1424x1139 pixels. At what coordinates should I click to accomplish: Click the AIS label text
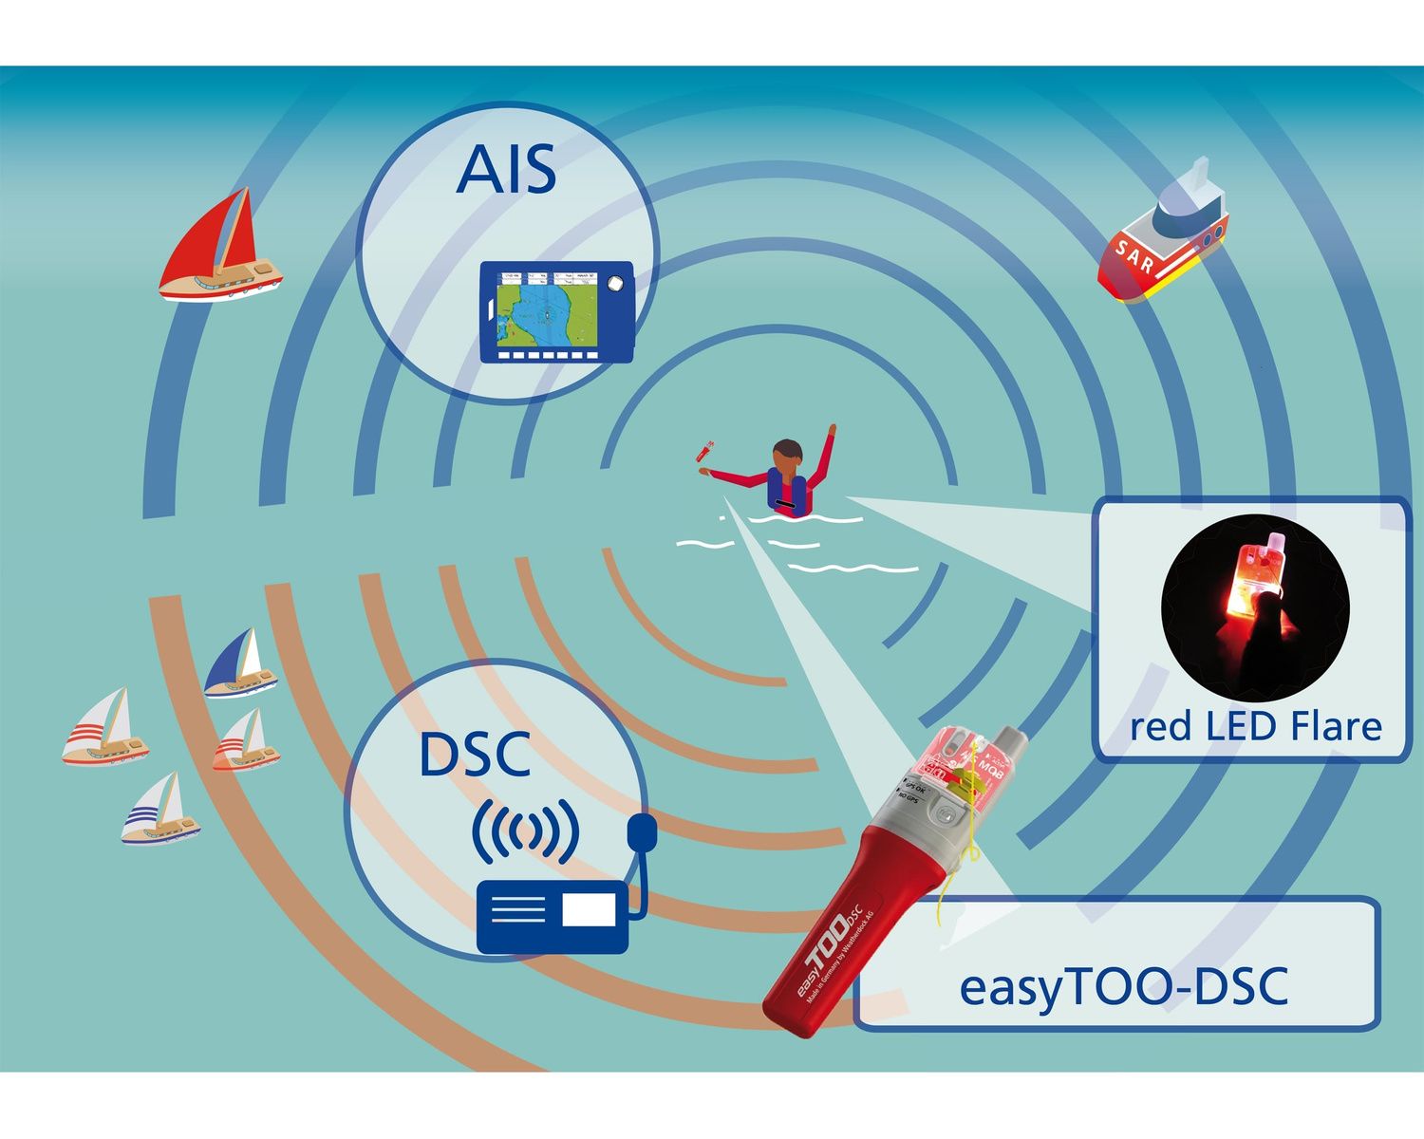506,171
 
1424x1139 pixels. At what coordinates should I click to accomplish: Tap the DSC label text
474,755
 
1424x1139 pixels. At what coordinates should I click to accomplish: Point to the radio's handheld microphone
643,833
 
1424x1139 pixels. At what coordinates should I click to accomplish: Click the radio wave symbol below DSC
525,831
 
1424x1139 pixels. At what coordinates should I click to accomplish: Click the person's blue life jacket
787,494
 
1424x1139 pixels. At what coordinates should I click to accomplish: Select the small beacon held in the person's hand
706,450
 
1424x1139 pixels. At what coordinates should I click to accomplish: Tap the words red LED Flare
1255,727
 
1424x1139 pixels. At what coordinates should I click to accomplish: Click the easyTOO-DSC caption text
1124,986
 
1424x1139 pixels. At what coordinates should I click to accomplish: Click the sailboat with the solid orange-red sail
245,740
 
